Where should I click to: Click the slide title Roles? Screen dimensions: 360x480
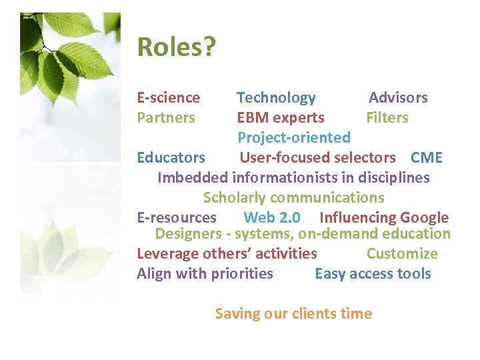(177, 48)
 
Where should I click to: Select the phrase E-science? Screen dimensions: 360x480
(169, 98)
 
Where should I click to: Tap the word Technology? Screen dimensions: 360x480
(276, 98)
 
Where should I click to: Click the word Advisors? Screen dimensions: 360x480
(398, 98)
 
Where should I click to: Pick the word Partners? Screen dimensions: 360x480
(166, 118)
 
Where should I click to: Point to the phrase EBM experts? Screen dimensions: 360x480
(281, 118)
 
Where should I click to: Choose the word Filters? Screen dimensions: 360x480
(387, 118)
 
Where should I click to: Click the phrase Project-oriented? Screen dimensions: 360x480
(294, 138)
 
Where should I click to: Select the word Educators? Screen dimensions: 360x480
(171, 158)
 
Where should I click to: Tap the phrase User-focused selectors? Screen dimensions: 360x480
(317, 158)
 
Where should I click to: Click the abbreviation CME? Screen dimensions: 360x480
(427, 158)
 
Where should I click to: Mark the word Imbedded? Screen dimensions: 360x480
(193, 178)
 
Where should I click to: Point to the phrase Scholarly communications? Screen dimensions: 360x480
(293, 198)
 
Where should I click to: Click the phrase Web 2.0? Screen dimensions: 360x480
(272, 218)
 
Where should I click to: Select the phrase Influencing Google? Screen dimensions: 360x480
(384, 218)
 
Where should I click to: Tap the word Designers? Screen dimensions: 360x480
(188, 234)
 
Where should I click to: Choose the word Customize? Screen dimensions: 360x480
(402, 254)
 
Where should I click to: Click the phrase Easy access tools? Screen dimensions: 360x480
(373, 274)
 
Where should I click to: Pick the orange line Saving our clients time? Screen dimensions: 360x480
(293, 314)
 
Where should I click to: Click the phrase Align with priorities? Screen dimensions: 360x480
(205, 274)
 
